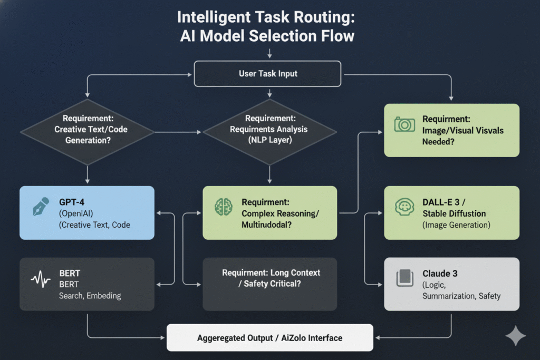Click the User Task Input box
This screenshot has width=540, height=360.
[x=269, y=73]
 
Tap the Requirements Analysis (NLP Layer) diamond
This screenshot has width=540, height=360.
[x=269, y=130]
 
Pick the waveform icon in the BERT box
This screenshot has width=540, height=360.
[x=40, y=279]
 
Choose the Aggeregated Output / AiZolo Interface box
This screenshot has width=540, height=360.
[x=269, y=337]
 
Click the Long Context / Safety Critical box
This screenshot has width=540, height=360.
[x=269, y=284]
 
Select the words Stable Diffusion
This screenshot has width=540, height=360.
[x=454, y=213]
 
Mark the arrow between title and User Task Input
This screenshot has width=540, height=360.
[x=269, y=53]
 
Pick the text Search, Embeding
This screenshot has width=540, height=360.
[x=90, y=296]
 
